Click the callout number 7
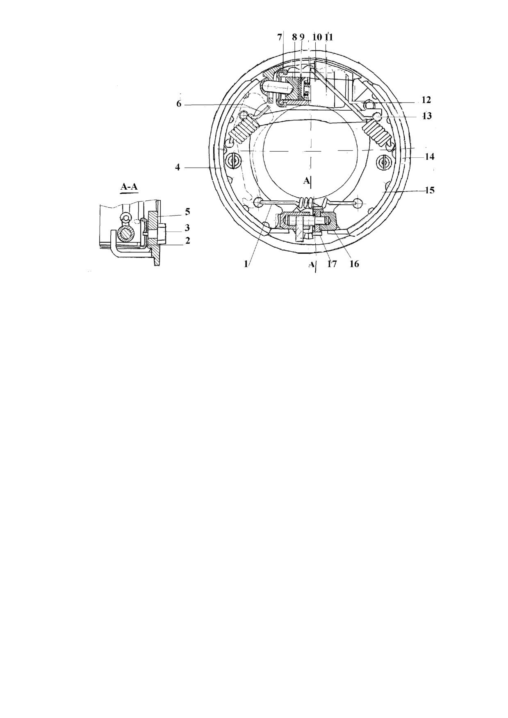tap(280, 37)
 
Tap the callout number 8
tap(294, 37)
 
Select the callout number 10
tap(317, 37)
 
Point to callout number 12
tap(426, 100)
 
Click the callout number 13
tap(427, 116)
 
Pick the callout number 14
tap(429, 157)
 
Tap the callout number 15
tap(429, 190)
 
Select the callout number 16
tap(354, 264)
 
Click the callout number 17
tap(331, 264)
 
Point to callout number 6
tap(179, 104)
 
